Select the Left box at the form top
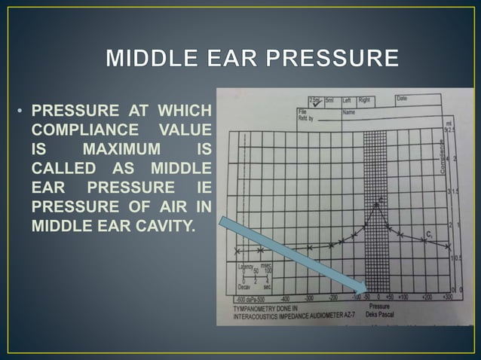[x=351, y=99]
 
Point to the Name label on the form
[x=349, y=111]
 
